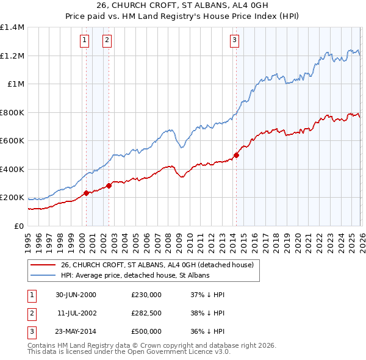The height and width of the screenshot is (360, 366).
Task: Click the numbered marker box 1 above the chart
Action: (x=84, y=41)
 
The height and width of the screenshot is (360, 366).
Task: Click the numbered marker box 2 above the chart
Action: (x=107, y=41)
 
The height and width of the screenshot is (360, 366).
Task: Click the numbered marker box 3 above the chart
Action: (x=234, y=41)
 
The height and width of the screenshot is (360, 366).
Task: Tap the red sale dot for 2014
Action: (x=236, y=155)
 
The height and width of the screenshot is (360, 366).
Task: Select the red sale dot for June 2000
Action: (x=86, y=193)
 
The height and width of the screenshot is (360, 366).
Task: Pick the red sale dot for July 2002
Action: (x=109, y=186)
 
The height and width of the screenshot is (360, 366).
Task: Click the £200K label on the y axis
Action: (x=12, y=198)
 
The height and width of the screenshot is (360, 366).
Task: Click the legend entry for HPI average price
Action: (x=135, y=275)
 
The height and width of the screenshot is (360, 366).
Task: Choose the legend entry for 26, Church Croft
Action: (x=160, y=265)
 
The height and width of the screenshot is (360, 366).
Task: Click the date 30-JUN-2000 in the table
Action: (x=76, y=295)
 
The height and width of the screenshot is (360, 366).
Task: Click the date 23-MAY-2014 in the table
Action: (x=76, y=331)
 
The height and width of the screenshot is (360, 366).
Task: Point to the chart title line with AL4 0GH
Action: (x=182, y=7)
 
